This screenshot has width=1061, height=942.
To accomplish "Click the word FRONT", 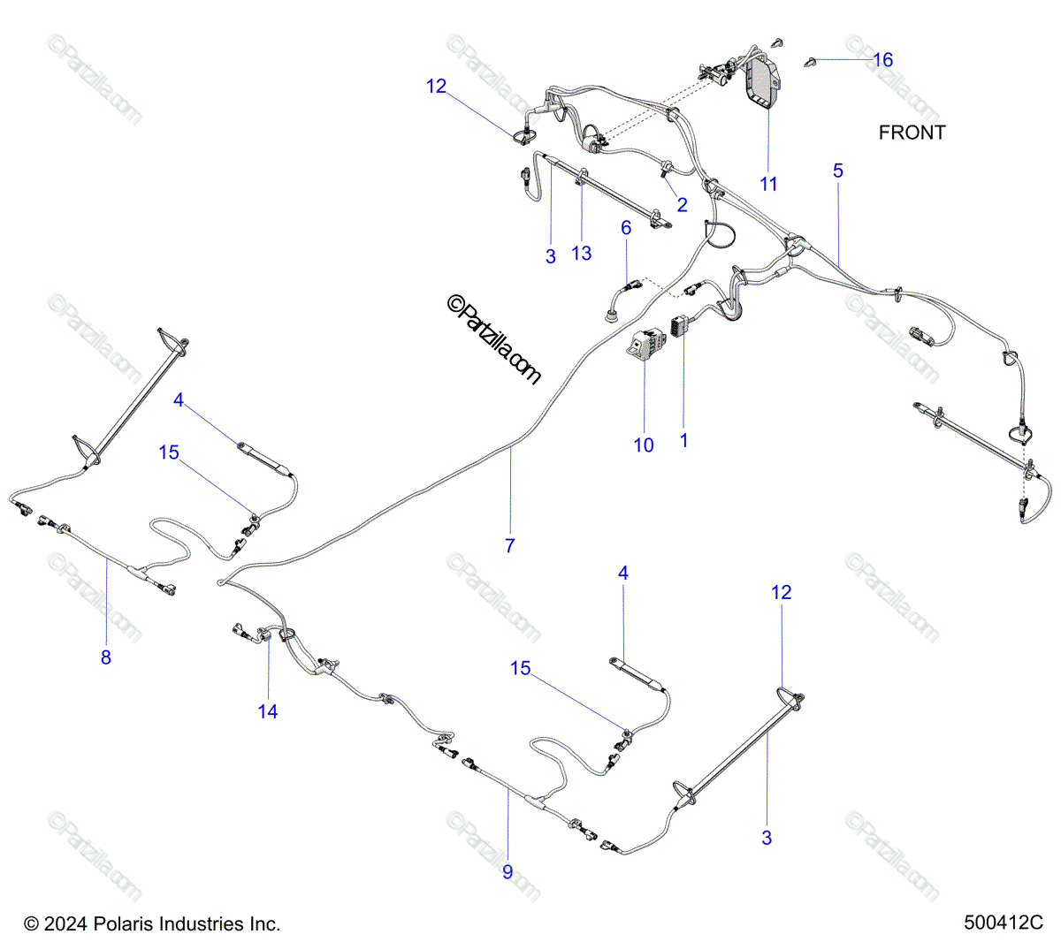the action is point(912,133).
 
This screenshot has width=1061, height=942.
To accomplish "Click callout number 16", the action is point(883,60).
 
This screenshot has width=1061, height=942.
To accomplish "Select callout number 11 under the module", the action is point(768,184).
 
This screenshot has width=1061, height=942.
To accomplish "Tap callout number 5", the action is point(838,171).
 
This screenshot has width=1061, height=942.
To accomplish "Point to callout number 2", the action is point(682,205).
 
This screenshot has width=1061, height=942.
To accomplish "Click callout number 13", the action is point(581,254).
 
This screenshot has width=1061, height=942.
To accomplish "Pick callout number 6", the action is point(626,228).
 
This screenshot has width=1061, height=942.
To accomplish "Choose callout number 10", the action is point(644,445).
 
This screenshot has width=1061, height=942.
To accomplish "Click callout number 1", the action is point(684,441).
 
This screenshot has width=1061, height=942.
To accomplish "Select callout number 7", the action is point(510,546).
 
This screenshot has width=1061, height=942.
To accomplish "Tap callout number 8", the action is point(106,657).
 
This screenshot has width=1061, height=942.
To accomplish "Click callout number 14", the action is point(268,711).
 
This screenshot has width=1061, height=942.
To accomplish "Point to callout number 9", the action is point(508,872).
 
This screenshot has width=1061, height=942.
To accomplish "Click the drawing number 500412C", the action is point(1004,923).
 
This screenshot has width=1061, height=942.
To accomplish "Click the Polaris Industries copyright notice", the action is point(152,923).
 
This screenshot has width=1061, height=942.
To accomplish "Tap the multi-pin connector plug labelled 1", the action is point(679,326).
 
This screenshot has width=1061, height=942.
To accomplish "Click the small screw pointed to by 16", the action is point(810,63).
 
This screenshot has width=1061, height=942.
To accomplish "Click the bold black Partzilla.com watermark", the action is point(493,339).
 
